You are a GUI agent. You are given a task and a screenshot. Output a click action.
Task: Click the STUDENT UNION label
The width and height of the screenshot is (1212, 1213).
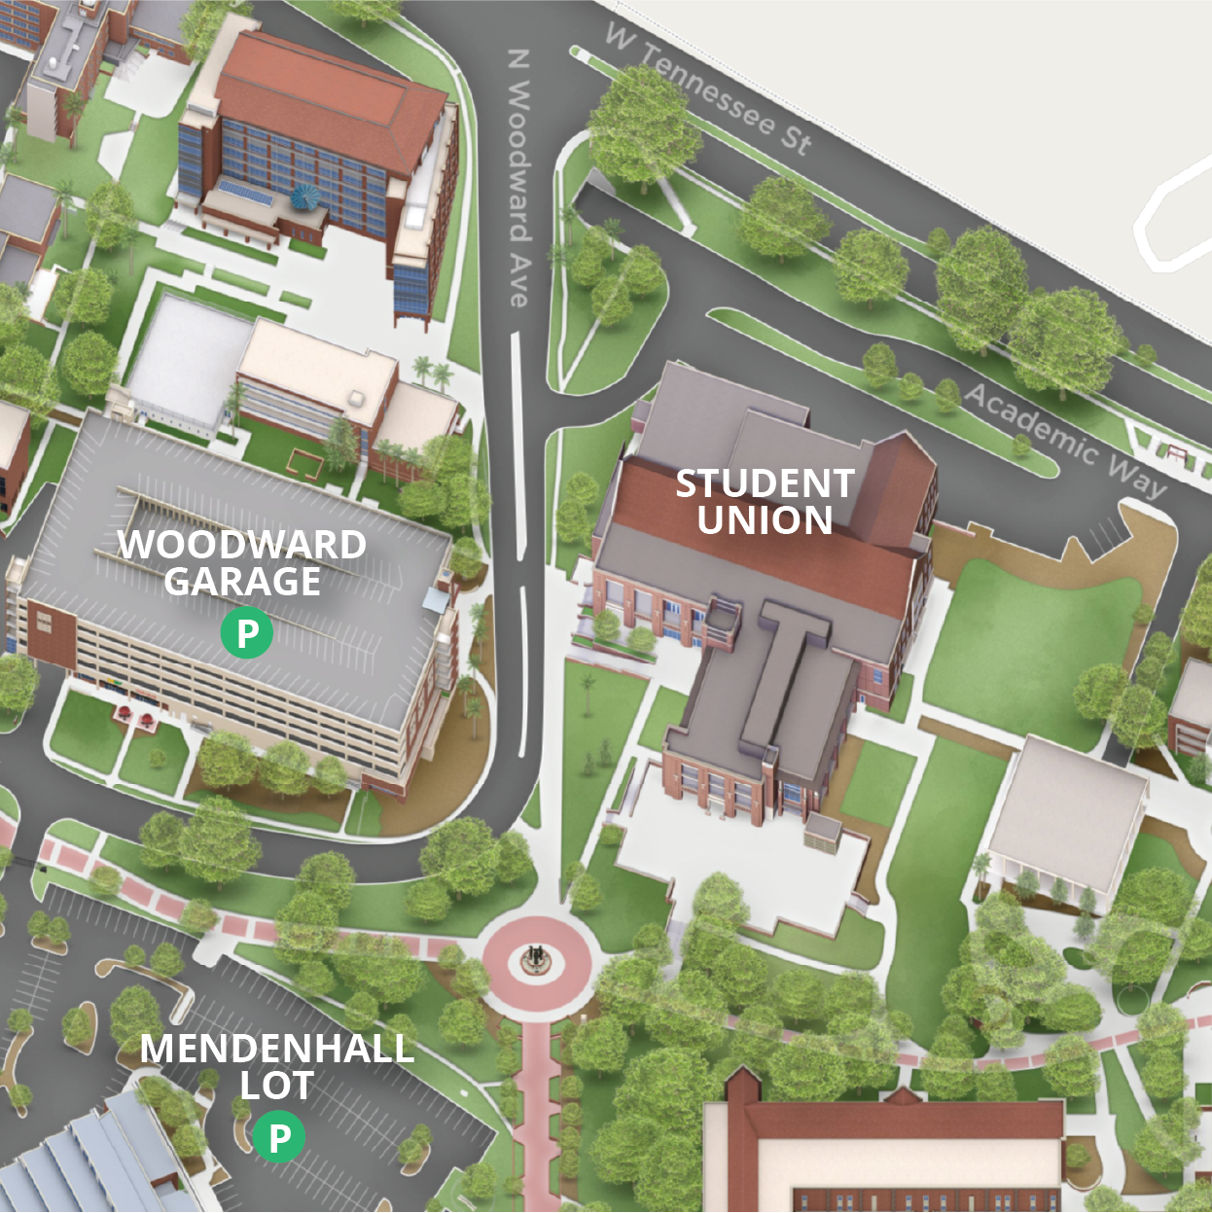coord(765,502)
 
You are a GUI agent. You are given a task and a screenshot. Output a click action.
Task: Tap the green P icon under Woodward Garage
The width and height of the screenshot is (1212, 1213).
coord(247,633)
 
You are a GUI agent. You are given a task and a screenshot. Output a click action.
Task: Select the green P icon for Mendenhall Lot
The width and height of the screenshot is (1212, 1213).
coord(279,1136)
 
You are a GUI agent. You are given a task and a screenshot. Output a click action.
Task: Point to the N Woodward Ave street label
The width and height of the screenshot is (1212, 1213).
coord(520,180)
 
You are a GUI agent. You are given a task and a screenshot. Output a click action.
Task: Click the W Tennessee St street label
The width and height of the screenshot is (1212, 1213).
coord(708,89)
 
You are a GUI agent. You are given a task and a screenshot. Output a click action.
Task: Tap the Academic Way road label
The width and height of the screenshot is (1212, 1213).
coord(1065,441)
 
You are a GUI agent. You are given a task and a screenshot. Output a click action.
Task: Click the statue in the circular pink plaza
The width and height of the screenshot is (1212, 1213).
coord(534,959)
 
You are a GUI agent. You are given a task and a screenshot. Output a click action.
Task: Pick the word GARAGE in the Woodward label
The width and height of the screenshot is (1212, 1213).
coord(242,582)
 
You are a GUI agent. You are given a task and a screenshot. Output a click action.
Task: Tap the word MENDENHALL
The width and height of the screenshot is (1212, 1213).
coord(277,1049)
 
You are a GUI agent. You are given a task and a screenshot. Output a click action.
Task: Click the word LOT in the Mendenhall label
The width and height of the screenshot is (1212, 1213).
coord(277,1086)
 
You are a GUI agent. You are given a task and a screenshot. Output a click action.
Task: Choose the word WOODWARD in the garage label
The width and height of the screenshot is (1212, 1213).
coord(242,545)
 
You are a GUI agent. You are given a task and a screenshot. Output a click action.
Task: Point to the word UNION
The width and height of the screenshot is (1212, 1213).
coord(765,520)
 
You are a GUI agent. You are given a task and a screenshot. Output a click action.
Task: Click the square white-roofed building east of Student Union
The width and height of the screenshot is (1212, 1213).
coord(1068,813)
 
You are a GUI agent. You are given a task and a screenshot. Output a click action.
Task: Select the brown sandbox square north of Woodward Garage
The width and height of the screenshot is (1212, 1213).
coord(304,464)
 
